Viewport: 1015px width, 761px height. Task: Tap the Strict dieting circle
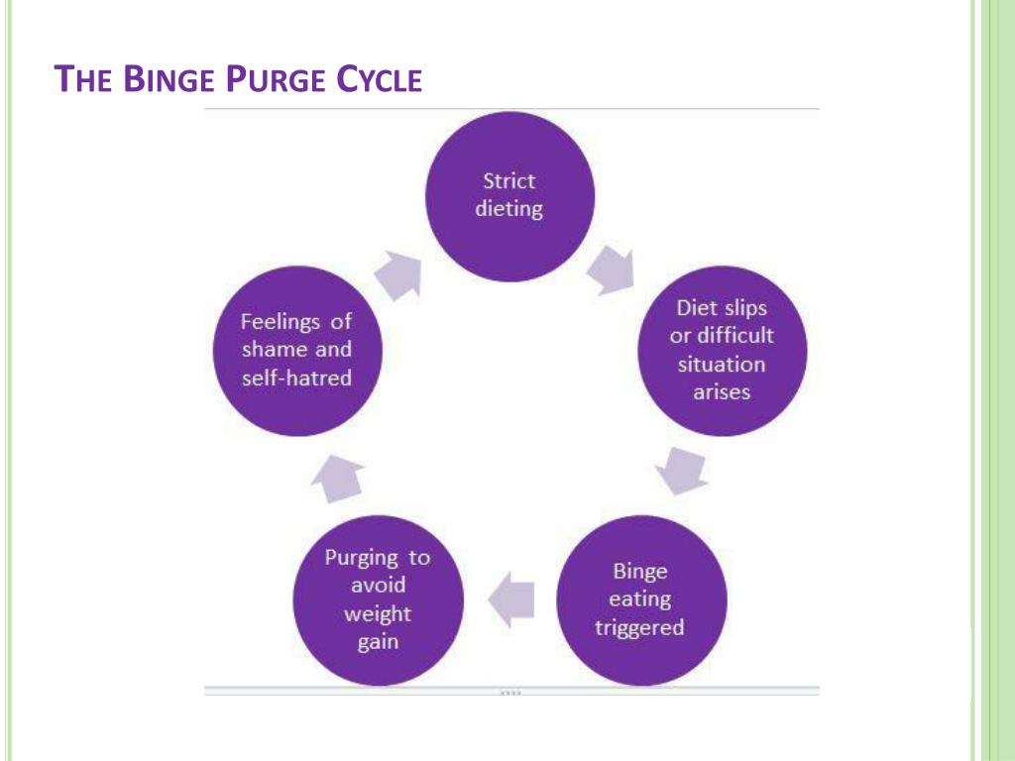click(x=509, y=195)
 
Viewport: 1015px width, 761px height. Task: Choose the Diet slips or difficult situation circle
click(x=722, y=350)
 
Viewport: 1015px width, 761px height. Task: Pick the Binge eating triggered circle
click(x=641, y=598)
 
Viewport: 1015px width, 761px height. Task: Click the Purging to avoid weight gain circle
click(x=378, y=598)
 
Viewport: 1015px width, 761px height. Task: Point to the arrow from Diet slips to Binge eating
click(x=683, y=470)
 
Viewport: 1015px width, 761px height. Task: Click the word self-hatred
click(x=297, y=379)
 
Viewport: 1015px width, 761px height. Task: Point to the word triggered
click(x=639, y=628)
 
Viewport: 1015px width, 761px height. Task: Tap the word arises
click(x=722, y=392)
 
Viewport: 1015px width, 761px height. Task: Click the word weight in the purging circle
click(x=377, y=613)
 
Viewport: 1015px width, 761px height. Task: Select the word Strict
click(x=509, y=181)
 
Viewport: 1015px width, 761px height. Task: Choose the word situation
click(x=722, y=365)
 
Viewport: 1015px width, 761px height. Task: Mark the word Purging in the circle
click(x=362, y=557)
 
